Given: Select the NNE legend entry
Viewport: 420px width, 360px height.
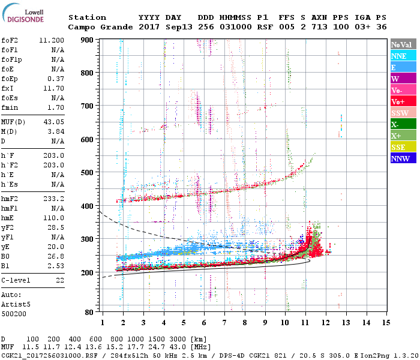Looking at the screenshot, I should (x=403, y=56).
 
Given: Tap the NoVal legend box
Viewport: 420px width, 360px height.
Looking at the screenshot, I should (x=403, y=44).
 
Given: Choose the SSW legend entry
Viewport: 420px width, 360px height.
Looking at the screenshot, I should (x=403, y=113).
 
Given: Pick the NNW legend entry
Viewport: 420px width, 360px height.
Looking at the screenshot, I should (x=403, y=158).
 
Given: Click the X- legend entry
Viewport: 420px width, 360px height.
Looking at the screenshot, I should (x=403, y=124).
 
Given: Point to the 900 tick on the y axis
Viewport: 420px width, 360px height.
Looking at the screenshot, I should (x=88, y=40).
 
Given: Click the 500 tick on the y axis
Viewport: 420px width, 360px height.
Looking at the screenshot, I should (x=88, y=173).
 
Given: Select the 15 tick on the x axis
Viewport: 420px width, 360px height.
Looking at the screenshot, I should (x=386, y=322).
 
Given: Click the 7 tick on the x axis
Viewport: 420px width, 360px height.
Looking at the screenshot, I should (x=224, y=322).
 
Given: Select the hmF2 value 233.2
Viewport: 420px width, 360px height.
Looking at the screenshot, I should (x=53, y=197).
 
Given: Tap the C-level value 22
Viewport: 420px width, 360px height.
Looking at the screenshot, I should (x=59, y=280).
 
